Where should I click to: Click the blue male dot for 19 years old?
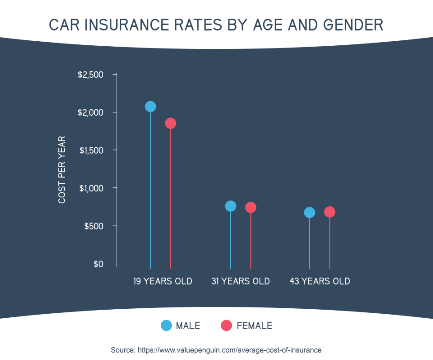click(150, 106)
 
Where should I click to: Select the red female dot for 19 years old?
click(170, 123)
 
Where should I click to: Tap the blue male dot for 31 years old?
click(230, 206)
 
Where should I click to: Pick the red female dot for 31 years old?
click(251, 207)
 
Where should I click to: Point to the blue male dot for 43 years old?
click(310, 213)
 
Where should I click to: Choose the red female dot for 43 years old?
click(330, 212)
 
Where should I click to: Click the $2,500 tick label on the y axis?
click(90, 75)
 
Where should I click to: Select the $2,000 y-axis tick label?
click(90, 112)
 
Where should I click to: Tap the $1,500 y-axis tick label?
click(91, 150)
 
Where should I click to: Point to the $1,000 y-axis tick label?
click(91, 188)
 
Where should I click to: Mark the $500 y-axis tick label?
click(93, 226)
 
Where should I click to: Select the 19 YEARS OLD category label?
click(162, 281)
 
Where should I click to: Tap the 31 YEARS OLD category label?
click(240, 281)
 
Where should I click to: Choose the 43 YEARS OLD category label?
click(320, 281)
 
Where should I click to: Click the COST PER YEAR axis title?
click(62, 170)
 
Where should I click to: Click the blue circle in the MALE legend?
click(166, 325)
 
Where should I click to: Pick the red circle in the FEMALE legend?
click(226, 325)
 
